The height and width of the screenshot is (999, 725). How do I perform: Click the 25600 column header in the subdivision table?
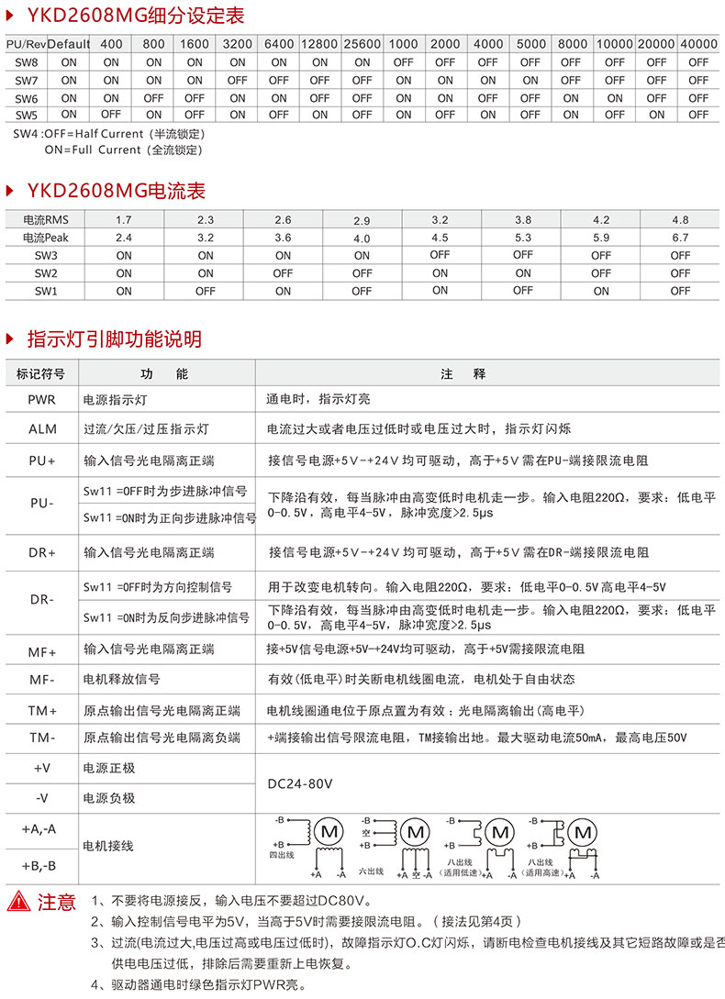[362, 44]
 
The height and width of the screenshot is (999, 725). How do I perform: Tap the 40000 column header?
[699, 44]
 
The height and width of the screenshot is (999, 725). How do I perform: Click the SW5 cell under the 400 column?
[111, 115]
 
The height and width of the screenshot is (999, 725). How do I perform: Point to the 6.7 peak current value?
[680, 238]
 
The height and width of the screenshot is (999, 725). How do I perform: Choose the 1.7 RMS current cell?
[124, 220]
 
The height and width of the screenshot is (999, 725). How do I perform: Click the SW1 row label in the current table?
[46, 291]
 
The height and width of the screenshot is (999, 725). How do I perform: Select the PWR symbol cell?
[41, 400]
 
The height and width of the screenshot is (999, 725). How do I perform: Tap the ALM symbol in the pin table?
[41, 428]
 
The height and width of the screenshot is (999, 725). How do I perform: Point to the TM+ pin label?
[41, 711]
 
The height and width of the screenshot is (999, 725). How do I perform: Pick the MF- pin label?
[41, 680]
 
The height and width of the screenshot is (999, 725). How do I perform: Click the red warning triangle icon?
[19, 901]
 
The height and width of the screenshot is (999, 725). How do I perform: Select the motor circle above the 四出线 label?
[328, 831]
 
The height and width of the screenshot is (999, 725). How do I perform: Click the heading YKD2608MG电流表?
[116, 191]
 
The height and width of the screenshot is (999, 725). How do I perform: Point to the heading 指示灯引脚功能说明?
[114, 339]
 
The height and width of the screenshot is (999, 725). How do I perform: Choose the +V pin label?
[41, 767]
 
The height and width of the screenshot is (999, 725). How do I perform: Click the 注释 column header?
[475, 374]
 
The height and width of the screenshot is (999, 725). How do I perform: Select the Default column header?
[69, 44]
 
